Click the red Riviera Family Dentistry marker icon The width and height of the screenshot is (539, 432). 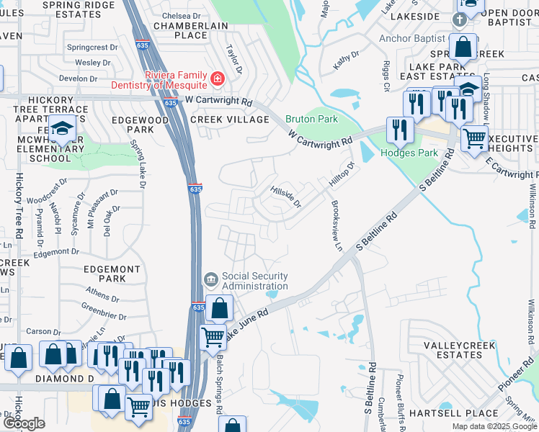pyautogui.click(x=216, y=78)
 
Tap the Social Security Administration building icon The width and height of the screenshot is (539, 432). pyautogui.click(x=210, y=278)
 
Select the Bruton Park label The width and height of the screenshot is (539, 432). pyautogui.click(x=311, y=119)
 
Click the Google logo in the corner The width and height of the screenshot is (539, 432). pyautogui.click(x=23, y=423)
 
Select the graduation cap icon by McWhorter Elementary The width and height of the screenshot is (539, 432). pyautogui.click(x=63, y=129)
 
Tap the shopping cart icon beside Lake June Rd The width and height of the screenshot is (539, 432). pyautogui.click(x=213, y=336)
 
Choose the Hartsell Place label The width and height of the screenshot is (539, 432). pyautogui.click(x=453, y=413)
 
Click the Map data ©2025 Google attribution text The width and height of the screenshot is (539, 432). pyautogui.click(x=494, y=426)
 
